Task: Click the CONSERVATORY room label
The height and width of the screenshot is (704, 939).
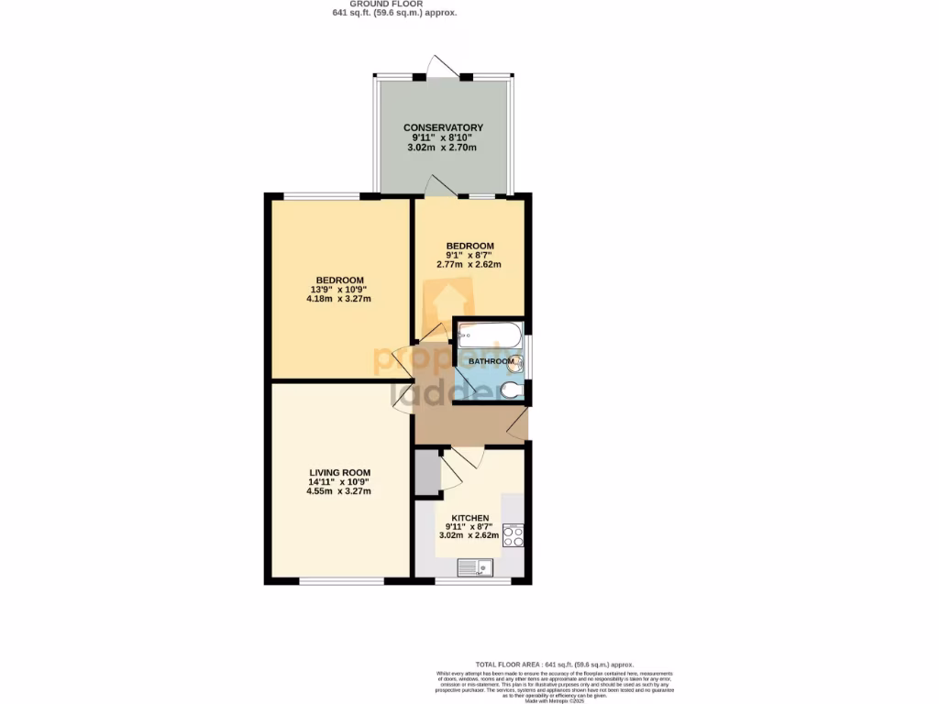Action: point(443,127)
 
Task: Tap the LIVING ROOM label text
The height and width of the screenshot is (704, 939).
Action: point(339,472)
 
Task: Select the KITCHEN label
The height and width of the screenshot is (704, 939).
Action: point(469,518)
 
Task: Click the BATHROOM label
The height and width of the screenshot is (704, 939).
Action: point(492,362)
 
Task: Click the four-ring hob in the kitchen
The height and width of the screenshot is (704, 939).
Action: point(514,535)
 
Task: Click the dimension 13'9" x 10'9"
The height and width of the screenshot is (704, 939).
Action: point(340,290)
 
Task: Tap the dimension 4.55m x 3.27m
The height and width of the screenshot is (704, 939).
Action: point(339,491)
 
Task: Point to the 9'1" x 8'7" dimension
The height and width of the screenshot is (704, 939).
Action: point(469,256)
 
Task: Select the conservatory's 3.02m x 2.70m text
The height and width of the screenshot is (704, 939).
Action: point(443,148)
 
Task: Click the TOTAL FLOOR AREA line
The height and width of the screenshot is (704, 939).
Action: point(554,664)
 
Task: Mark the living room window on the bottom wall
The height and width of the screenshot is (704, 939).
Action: point(341,580)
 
